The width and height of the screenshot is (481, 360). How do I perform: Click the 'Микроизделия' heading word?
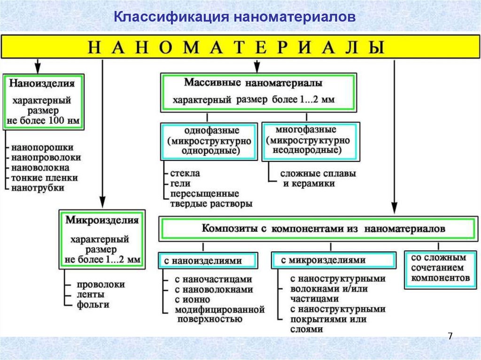(x=102, y=220)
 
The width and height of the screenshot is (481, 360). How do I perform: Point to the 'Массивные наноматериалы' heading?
(x=253, y=83)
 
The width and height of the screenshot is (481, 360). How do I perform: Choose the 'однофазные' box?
(x=209, y=140)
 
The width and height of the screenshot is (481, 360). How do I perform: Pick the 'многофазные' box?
(x=310, y=140)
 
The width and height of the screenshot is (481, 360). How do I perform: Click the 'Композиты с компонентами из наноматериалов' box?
(x=318, y=229)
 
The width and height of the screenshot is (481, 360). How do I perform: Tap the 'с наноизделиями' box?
(x=208, y=260)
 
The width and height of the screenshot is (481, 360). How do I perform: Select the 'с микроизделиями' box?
(x=334, y=260)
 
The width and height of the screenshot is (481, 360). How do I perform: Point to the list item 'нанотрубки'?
(x=38, y=188)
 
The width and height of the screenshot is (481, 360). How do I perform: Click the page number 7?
(x=450, y=336)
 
